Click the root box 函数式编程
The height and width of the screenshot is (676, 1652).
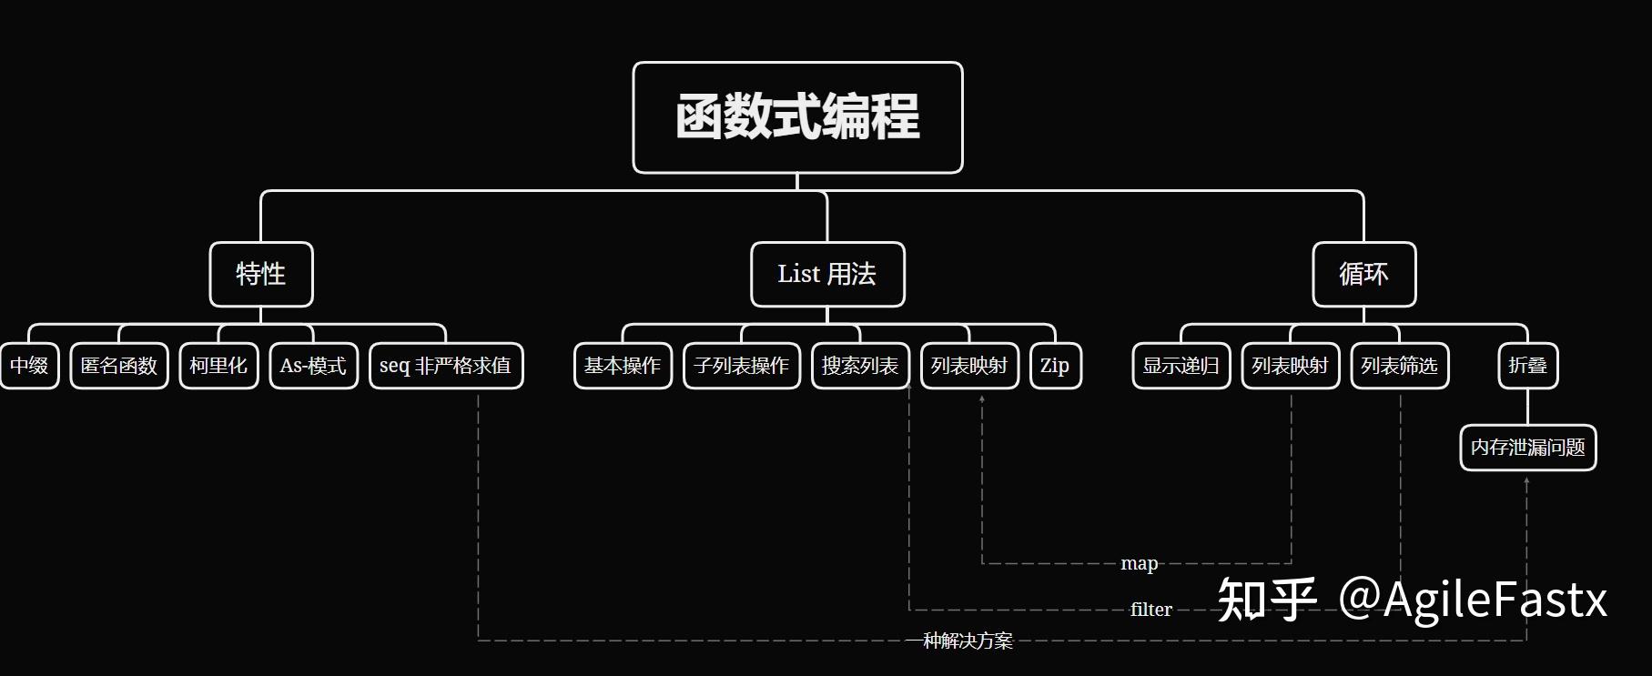(x=797, y=117)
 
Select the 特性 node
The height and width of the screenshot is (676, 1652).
(x=261, y=274)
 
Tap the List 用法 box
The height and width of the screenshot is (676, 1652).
(x=827, y=274)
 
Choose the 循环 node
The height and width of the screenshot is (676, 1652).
(x=1363, y=274)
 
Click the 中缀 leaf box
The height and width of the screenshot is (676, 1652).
(x=29, y=366)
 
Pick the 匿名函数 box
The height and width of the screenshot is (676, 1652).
(x=119, y=366)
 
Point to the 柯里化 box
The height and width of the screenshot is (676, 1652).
(x=218, y=366)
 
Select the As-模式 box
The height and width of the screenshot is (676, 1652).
(x=313, y=366)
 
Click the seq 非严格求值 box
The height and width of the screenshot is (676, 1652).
(x=446, y=366)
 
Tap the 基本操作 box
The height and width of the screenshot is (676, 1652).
(x=623, y=366)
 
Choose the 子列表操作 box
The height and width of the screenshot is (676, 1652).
(x=742, y=366)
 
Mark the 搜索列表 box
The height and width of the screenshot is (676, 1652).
(x=860, y=366)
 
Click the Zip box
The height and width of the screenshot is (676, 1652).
(x=1055, y=366)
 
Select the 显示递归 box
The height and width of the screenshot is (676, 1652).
(x=1181, y=366)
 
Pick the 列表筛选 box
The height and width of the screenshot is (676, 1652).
(x=1399, y=366)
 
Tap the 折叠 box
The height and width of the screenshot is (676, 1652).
(x=1527, y=366)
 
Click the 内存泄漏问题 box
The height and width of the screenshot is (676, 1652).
(x=1527, y=448)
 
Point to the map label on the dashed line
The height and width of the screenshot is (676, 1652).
(x=1139, y=564)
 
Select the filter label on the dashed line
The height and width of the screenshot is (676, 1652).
(x=1150, y=610)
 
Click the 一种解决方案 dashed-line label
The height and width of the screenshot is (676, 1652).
(x=959, y=641)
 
